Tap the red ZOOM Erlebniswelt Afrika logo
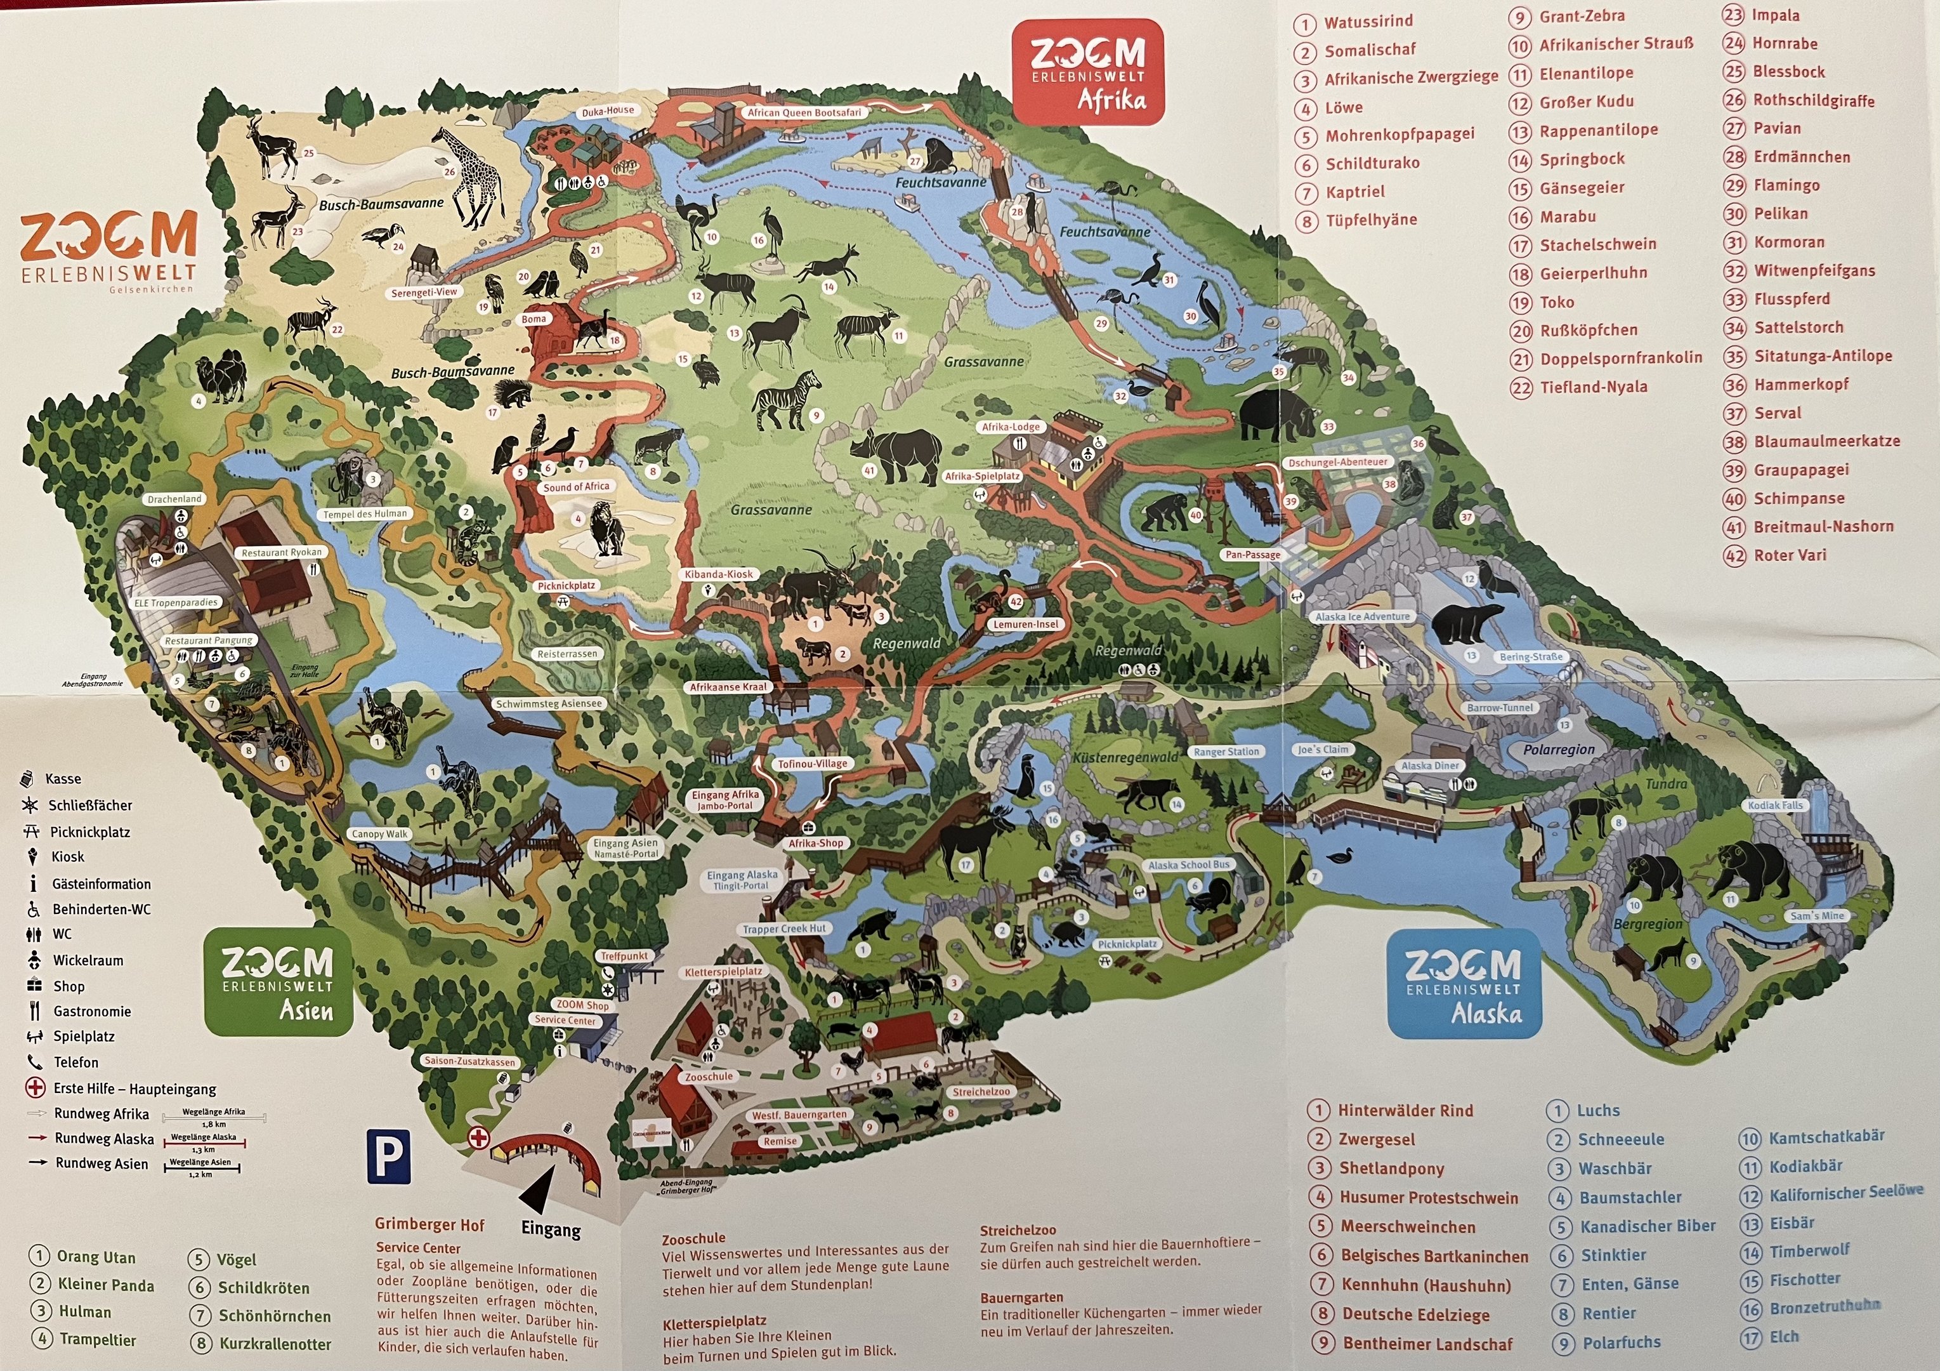[x=1088, y=73]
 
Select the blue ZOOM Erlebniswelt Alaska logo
[x=1464, y=984]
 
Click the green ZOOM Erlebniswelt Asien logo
[x=278, y=981]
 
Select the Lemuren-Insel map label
[x=1025, y=624]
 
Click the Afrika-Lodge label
[x=1011, y=427]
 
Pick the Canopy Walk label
[x=379, y=833]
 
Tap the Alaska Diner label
[x=1430, y=765]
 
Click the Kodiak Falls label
[x=1775, y=805]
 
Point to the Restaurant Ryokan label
[x=282, y=552]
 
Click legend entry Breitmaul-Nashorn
[x=1823, y=527]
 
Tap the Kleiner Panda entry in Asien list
[x=105, y=1285]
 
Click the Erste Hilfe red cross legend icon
[x=36, y=1088]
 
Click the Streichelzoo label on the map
[x=981, y=1091]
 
